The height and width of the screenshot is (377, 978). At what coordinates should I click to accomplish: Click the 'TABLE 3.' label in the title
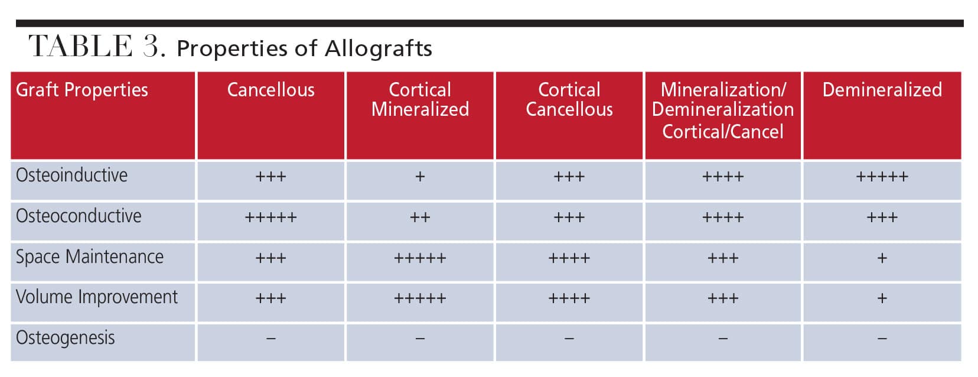click(97, 46)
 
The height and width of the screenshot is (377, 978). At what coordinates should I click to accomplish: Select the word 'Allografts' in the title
click(378, 49)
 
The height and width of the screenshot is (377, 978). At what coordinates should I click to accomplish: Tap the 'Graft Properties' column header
click(82, 90)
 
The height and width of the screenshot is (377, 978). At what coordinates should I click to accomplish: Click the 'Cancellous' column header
click(270, 90)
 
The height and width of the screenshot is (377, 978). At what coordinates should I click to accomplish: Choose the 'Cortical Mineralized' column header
click(420, 100)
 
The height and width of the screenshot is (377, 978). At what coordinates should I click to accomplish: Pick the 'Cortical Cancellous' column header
click(569, 100)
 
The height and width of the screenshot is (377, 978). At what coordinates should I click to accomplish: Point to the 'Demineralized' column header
click(882, 90)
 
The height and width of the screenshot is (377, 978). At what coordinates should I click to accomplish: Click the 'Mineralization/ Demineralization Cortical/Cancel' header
click(723, 110)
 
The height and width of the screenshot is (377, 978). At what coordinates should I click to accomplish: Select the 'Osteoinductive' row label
click(71, 175)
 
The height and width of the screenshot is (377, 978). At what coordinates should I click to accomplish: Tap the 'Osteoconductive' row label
click(79, 216)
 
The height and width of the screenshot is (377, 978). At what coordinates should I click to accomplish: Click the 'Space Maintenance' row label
click(90, 257)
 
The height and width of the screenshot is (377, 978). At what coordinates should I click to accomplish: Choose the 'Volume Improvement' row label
click(96, 297)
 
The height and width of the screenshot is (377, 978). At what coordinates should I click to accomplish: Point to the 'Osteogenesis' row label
click(65, 338)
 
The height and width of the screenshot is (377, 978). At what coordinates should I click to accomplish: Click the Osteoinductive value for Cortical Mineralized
click(420, 177)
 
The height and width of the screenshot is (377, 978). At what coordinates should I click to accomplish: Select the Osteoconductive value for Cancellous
click(270, 217)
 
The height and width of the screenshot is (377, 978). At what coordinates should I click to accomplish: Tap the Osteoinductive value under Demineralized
click(882, 177)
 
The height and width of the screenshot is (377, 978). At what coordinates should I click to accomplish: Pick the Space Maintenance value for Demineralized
click(882, 258)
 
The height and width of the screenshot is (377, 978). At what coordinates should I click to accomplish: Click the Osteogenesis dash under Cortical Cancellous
click(569, 339)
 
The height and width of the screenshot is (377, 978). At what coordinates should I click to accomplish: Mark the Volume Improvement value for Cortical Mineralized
click(420, 298)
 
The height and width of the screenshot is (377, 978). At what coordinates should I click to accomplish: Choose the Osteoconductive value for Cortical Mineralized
click(420, 217)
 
